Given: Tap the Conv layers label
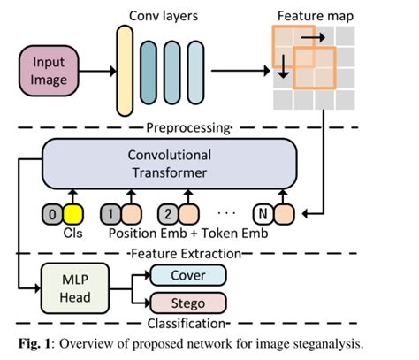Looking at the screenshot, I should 164,15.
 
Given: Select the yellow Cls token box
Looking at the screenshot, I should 72,213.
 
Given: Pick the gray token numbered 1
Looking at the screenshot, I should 111,213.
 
